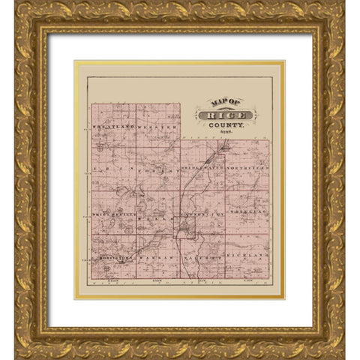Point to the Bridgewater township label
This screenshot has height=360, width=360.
[202, 166]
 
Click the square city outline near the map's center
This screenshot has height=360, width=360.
[184, 227]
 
